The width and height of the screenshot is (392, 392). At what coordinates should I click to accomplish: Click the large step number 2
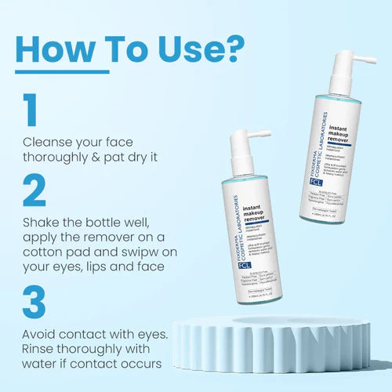pyautogui.click(x=33, y=190)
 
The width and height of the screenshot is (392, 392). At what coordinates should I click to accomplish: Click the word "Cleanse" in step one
pyautogui.click(x=49, y=143)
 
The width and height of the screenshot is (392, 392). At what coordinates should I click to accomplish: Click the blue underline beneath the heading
pyautogui.click(x=63, y=71)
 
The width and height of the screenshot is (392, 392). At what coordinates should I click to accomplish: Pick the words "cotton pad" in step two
pyautogui.click(x=56, y=250)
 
